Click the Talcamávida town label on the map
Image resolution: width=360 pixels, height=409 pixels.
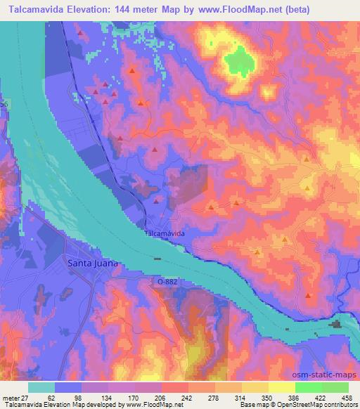tap(165, 233)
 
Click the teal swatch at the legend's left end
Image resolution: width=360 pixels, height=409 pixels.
tap(41, 387)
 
